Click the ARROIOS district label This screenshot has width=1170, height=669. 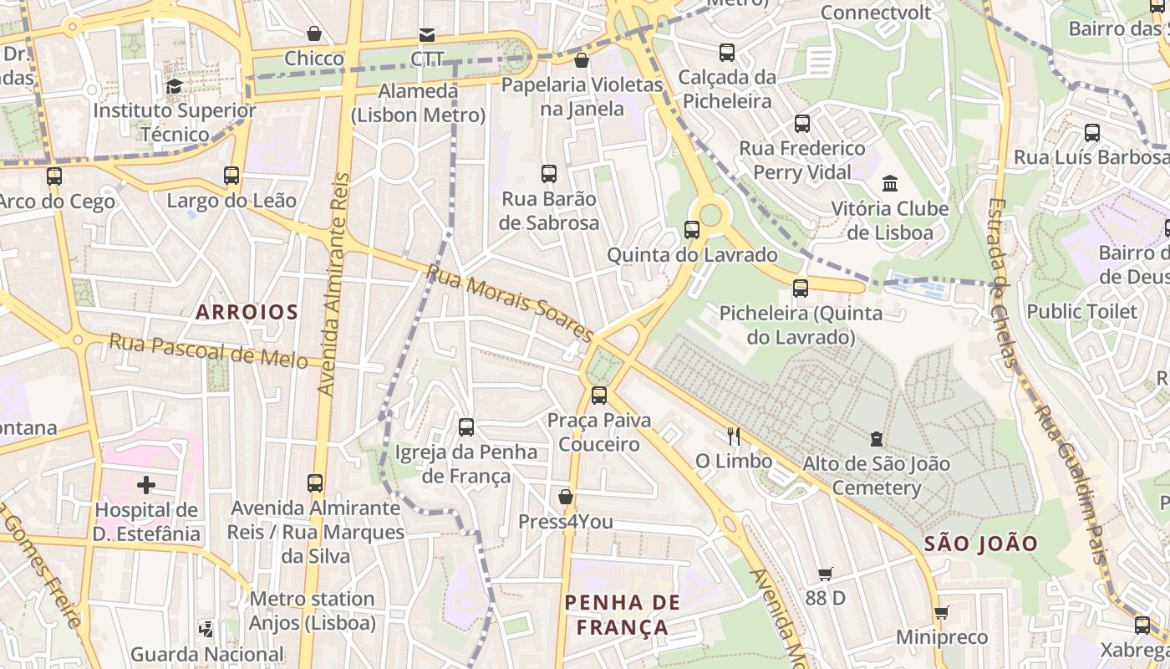247,313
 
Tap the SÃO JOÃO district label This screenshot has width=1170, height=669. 980,544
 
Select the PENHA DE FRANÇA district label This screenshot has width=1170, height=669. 622,615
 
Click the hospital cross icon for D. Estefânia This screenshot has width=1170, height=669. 146,485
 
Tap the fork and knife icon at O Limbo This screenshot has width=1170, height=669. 734,436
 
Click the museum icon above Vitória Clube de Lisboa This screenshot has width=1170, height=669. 890,183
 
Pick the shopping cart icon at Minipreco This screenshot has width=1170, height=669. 941,612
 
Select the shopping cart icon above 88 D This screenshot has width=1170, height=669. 825,574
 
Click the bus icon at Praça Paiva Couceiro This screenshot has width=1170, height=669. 598,395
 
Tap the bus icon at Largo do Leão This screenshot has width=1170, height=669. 231,176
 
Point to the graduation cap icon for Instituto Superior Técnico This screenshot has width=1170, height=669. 174,86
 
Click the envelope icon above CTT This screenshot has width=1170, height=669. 427,34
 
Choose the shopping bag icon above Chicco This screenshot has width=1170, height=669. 314,33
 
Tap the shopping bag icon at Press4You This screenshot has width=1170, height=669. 566,497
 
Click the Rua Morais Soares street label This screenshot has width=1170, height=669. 510,303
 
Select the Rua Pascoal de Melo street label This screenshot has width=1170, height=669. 216,351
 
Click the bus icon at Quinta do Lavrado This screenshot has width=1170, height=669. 692,229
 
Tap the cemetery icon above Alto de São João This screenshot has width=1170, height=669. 876,438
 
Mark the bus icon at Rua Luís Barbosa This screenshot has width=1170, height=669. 1091,132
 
